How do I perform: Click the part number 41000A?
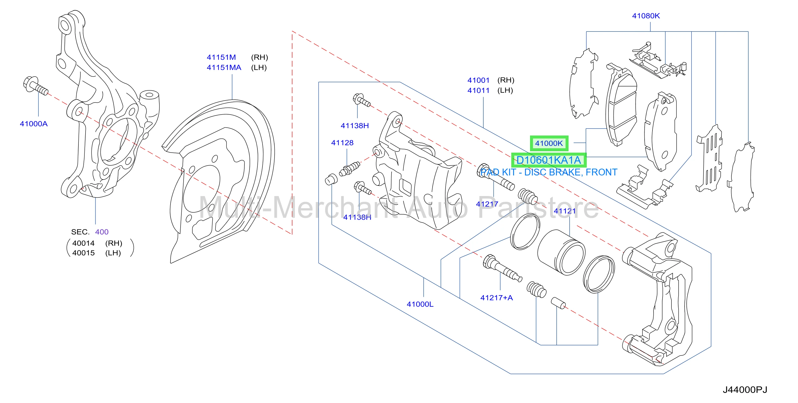(34, 124)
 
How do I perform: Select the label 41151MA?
(224, 68)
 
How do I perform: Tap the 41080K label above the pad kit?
(646, 16)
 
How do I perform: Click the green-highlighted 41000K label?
(549, 143)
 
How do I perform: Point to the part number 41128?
(342, 143)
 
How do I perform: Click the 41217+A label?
(497, 298)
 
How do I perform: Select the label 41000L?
(420, 304)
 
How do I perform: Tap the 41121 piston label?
(565, 211)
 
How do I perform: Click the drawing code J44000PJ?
(745, 390)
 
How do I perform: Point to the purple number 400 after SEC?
(102, 232)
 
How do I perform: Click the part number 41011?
(479, 90)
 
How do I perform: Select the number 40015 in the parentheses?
(83, 253)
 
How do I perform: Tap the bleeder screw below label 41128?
(350, 168)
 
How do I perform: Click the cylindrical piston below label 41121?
(561, 252)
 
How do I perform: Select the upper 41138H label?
(355, 126)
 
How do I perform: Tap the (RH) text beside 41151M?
(260, 57)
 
